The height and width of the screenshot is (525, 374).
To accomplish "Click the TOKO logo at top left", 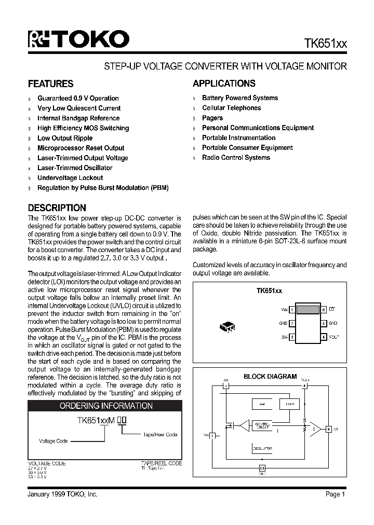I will point(78,39).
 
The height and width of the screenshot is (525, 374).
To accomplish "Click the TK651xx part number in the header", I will point(325,44).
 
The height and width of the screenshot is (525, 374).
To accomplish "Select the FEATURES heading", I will point(50,84).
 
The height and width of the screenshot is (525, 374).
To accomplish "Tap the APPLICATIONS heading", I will point(224,84).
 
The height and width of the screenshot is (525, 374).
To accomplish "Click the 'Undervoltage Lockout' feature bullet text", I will point(70,178).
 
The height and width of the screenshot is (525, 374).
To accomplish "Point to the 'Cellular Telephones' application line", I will point(231,108).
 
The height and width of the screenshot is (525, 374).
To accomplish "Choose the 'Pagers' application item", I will point(212,118).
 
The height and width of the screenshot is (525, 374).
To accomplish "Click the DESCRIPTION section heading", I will point(57,208).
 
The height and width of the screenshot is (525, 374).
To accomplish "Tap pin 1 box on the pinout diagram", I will point(292,310).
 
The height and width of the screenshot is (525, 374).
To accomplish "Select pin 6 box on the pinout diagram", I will point(323,310).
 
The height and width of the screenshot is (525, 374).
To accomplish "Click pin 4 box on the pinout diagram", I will point(323,337).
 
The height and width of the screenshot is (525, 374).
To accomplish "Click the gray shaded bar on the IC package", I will point(308,310).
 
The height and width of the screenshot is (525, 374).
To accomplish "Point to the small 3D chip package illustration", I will point(228,327).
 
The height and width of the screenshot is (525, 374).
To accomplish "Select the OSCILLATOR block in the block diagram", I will point(263,448).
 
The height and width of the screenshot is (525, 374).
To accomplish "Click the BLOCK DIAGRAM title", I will point(270,377).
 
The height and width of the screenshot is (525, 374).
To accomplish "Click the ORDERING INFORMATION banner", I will point(106,406).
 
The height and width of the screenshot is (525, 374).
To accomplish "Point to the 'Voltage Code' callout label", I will point(54,441).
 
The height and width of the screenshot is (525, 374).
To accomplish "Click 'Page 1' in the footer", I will point(336,494).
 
